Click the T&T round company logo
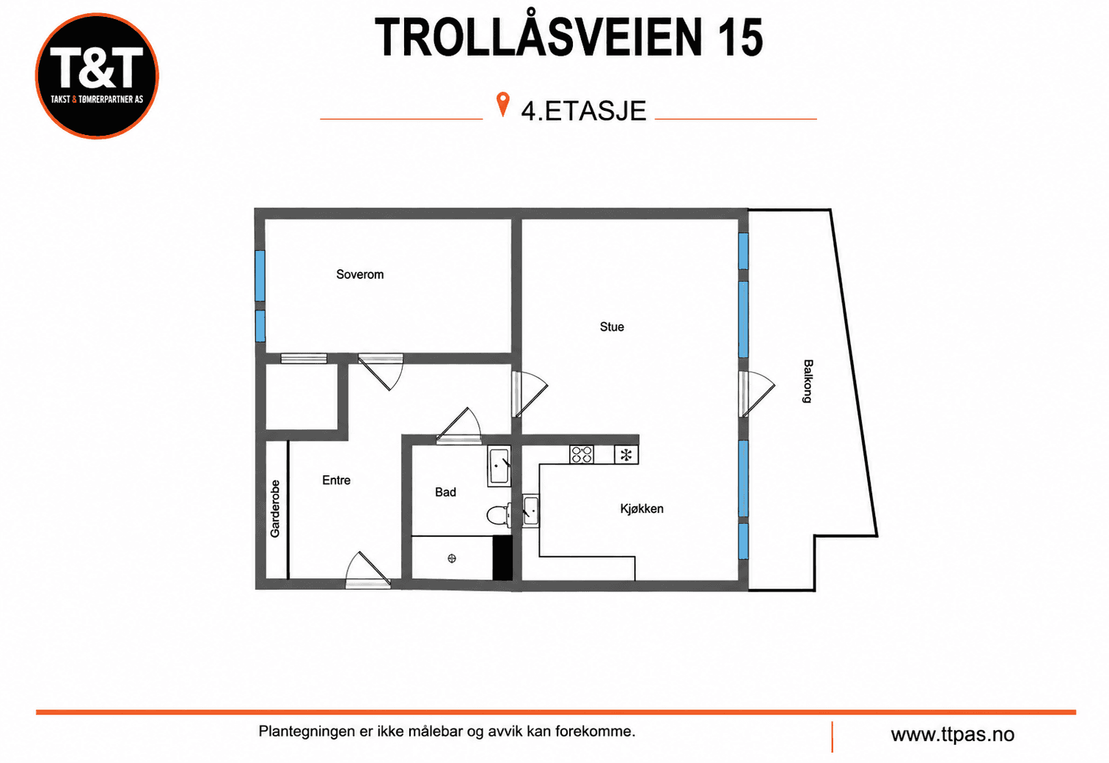(x=97, y=76)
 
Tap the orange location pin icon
(x=502, y=104)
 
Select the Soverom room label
(x=360, y=274)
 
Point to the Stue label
(x=612, y=326)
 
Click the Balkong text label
(x=808, y=381)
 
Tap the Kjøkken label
(x=642, y=508)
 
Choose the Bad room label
(x=446, y=492)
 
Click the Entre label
(x=336, y=481)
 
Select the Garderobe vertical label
(x=275, y=508)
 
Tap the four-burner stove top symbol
(x=582, y=454)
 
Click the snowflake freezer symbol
(x=626, y=455)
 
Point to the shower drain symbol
(x=452, y=558)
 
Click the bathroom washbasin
(x=499, y=466)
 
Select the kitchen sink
(x=531, y=511)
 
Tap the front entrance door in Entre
(x=368, y=569)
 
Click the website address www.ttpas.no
(x=953, y=734)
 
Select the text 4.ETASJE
(x=584, y=110)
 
